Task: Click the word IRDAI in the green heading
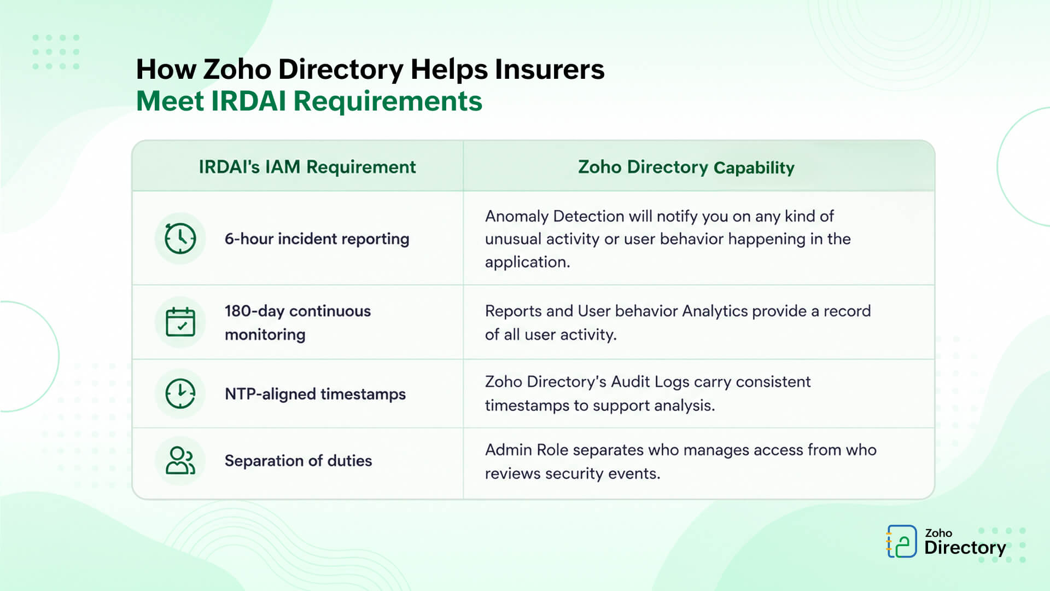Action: (248, 101)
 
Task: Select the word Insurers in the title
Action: (550, 69)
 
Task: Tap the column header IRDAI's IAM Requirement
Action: (307, 167)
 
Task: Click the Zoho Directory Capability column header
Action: (686, 167)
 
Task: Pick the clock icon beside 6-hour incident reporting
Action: (180, 239)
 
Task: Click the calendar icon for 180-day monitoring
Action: (180, 322)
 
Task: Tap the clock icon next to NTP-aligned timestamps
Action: (180, 394)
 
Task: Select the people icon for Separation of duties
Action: (180, 461)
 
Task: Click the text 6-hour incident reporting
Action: (317, 239)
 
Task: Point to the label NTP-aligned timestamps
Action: (315, 394)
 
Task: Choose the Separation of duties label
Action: (298, 461)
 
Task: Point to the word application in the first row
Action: (527, 263)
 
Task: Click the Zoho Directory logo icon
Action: (901, 541)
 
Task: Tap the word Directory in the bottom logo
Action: (965, 548)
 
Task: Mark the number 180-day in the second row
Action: (254, 311)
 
